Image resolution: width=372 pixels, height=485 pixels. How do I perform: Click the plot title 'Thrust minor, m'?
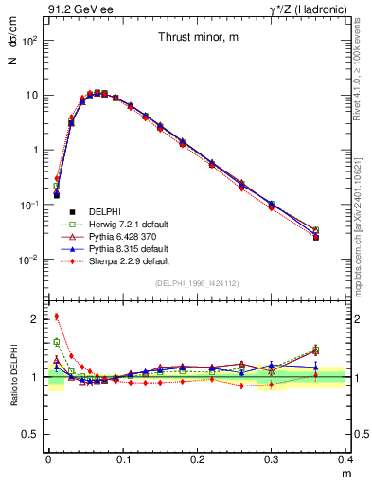[198, 37]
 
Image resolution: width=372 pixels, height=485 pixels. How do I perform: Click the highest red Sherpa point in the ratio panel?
[57, 316]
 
